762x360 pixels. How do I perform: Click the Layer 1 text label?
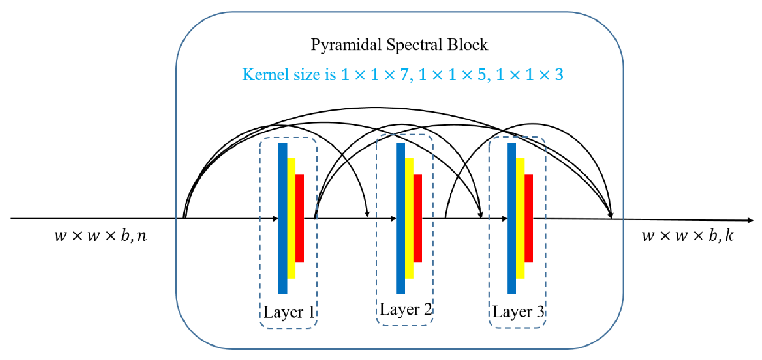pyautogui.click(x=288, y=312)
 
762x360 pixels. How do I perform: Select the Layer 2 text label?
pyautogui.click(x=405, y=310)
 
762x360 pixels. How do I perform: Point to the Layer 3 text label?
pyautogui.click(x=518, y=312)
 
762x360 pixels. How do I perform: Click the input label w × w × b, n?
pyautogui.click(x=101, y=236)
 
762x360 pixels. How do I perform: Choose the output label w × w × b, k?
pyautogui.click(x=688, y=236)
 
